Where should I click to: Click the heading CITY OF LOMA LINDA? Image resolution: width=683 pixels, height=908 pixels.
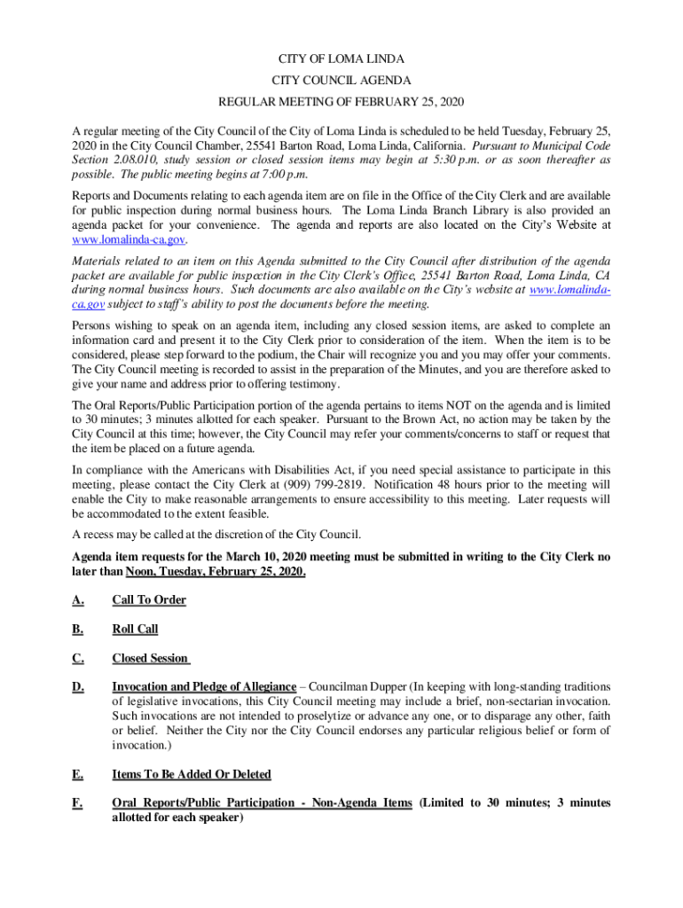click(341, 59)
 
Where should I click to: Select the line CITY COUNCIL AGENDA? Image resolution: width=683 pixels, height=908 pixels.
click(341, 81)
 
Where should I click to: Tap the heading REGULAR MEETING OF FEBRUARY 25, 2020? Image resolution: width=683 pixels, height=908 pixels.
click(341, 102)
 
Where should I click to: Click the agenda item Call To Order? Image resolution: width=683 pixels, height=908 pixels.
click(149, 600)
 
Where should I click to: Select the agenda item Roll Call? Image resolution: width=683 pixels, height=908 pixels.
click(135, 629)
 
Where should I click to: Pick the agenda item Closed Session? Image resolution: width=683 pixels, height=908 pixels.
click(150, 658)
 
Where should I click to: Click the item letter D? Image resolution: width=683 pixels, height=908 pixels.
click(78, 686)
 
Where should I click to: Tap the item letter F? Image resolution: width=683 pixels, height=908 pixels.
click(77, 802)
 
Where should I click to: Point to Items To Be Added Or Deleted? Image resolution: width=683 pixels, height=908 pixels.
click(192, 774)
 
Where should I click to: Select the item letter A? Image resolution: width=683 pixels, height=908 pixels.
click(78, 600)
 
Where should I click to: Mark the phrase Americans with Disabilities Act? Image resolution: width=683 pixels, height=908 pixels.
click(269, 470)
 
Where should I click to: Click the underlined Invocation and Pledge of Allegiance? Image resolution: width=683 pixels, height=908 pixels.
click(204, 687)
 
